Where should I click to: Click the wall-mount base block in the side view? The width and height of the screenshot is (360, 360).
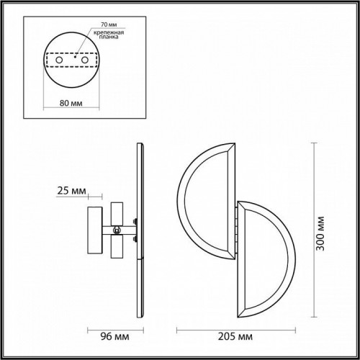click(x=93, y=230)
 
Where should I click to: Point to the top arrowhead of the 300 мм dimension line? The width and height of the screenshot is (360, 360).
click(x=315, y=144)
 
